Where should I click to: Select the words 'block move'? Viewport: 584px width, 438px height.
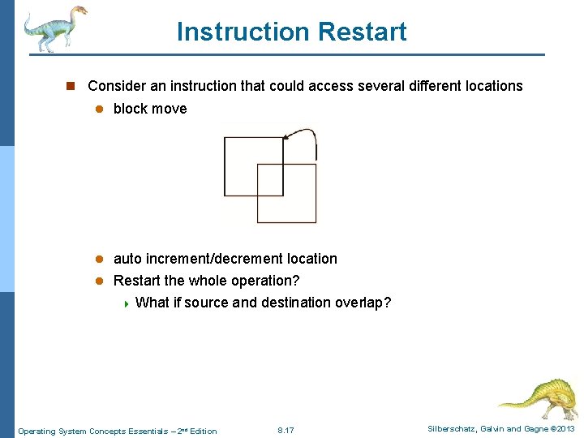[x=150, y=109]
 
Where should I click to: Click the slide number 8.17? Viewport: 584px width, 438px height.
[x=286, y=430]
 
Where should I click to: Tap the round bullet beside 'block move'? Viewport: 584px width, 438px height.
[x=98, y=109]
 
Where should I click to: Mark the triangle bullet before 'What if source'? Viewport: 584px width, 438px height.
[x=126, y=303]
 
